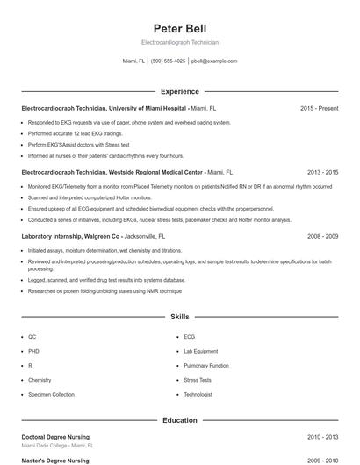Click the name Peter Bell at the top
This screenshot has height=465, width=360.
pos(180,28)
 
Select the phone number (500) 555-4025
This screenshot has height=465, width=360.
pos(169,61)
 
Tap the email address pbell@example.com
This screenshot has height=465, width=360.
pos(214,61)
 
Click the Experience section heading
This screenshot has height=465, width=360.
pos(180,91)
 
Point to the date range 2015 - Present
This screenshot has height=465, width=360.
pos(319,108)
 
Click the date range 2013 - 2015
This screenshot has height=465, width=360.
pos(322,173)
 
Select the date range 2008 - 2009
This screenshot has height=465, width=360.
pos(322,237)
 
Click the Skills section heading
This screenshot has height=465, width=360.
pos(180,316)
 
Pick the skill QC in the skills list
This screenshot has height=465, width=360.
pos(32,337)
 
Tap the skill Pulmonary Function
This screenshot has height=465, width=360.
pos(206,366)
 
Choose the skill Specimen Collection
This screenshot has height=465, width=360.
pos(52,395)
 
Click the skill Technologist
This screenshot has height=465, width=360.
pos(198,395)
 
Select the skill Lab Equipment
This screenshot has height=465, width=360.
pos(201,351)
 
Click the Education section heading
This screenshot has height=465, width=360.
pos(180,420)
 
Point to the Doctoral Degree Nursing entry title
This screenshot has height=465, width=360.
pos(55,437)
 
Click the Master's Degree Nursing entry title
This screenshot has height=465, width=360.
pos(54,460)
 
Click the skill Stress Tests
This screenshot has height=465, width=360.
pos(198,380)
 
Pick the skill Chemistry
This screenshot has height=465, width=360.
pos(40,380)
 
